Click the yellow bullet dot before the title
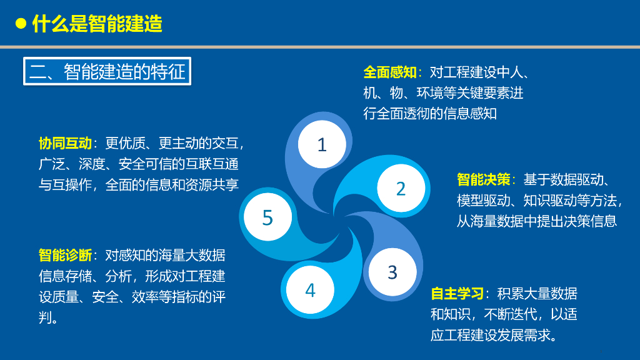point(21,23)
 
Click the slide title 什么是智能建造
point(97,23)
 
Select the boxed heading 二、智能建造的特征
point(107,71)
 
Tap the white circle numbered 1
point(322,144)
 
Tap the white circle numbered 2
point(401,188)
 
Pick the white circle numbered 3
point(392,272)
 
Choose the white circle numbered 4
point(310,290)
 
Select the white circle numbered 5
point(267,217)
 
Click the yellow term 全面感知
point(390,72)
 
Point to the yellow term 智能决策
point(483,179)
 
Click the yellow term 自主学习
point(457,294)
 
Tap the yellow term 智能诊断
point(65,255)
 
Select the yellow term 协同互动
point(65,143)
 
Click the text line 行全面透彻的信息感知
point(430,114)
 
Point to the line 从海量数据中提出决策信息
point(536,221)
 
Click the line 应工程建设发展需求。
point(494,335)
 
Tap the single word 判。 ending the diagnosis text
point(48,317)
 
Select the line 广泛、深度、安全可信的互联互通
point(139,164)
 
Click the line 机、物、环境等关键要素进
point(443,92)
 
